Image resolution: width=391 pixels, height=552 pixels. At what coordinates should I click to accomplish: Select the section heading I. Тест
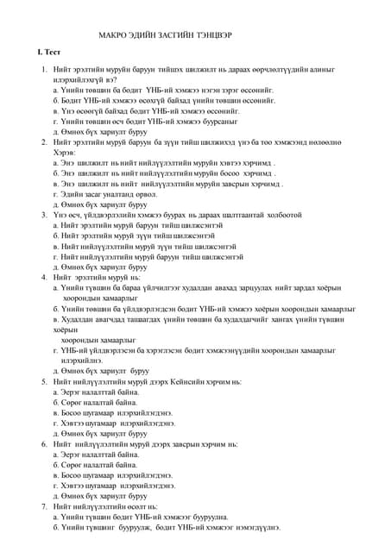tap(37, 53)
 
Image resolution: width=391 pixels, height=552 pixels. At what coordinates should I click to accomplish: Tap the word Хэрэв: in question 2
tap(65, 152)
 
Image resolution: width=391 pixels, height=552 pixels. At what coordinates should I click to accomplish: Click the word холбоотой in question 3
tap(276, 215)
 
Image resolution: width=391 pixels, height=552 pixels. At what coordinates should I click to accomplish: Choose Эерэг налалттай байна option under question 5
tap(94, 392)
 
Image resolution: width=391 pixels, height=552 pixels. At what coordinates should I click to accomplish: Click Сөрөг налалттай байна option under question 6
tap(94, 465)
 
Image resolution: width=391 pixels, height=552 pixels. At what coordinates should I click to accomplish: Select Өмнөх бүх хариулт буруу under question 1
tap(100, 131)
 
